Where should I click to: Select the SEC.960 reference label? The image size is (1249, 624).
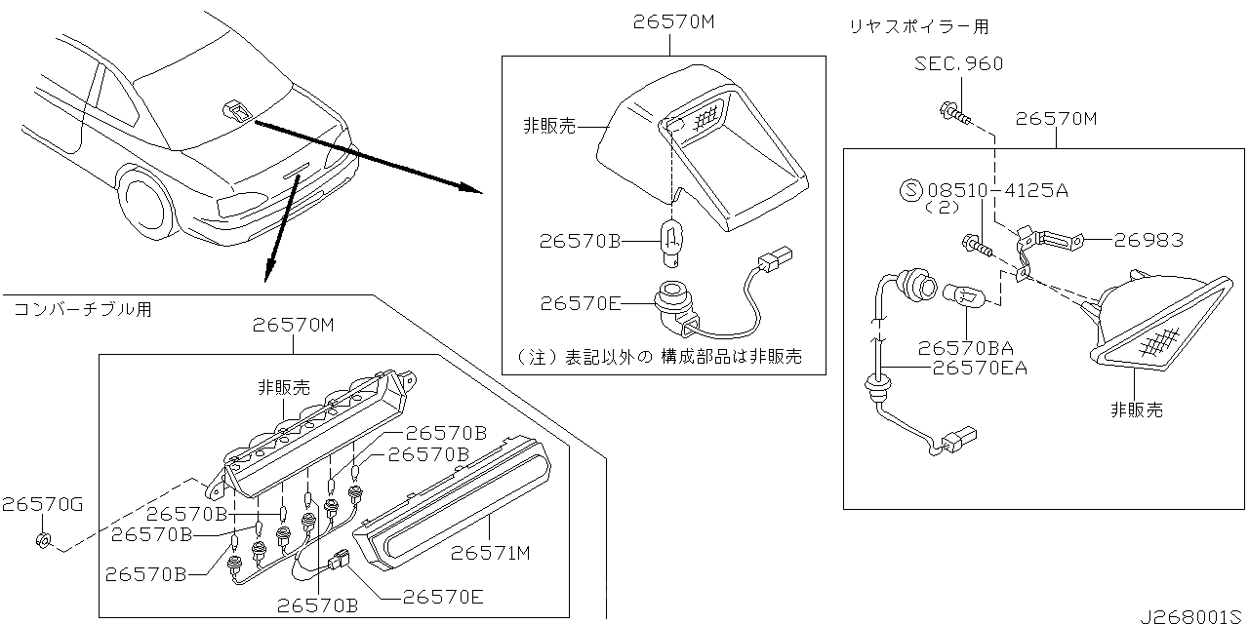click(958, 64)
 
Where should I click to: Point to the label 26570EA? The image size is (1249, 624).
click(980, 368)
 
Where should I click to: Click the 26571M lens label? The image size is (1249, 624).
click(490, 553)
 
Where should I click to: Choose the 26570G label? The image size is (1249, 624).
click(42, 504)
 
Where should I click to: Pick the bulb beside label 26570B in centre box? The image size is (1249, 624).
click(671, 240)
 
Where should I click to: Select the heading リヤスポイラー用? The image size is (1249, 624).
click(918, 27)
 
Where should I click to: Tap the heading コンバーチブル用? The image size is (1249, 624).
click(82, 310)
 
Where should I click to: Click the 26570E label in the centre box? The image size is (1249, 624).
click(580, 303)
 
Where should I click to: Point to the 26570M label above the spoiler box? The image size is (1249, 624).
click(1056, 119)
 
